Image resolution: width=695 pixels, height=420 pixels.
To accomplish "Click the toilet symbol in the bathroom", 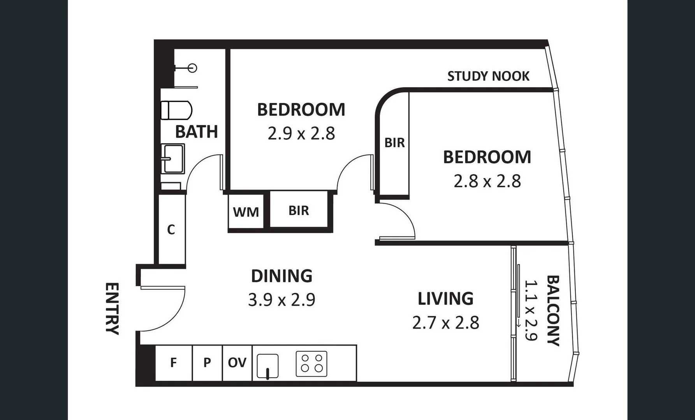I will pyautogui.click(x=176, y=110).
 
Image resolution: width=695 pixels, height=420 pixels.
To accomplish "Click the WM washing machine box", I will pyautogui.click(x=246, y=212).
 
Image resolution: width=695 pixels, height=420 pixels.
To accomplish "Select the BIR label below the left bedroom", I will pyautogui.click(x=299, y=210).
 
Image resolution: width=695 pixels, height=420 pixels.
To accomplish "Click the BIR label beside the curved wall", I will pyautogui.click(x=394, y=143).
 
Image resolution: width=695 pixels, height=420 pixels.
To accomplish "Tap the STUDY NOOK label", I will pyautogui.click(x=488, y=76).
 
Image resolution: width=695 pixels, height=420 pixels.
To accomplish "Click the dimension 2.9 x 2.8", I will pyautogui.click(x=301, y=134).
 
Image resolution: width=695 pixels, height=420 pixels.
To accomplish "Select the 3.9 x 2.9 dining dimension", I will pyautogui.click(x=282, y=300).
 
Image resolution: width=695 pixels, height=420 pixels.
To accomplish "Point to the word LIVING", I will pyautogui.click(x=445, y=299).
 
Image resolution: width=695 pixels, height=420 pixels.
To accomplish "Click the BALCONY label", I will pyautogui.click(x=553, y=310).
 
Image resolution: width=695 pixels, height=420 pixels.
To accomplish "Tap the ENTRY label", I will pyautogui.click(x=112, y=308).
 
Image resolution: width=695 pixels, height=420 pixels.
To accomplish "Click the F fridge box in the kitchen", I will pyautogui.click(x=174, y=363).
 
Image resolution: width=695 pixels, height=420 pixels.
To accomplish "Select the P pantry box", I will pyautogui.click(x=207, y=363).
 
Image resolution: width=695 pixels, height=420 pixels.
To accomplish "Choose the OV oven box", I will pyautogui.click(x=237, y=363).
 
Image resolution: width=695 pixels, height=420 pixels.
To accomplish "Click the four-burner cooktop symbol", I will pyautogui.click(x=311, y=364).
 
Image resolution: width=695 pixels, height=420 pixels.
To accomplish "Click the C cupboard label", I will pyautogui.click(x=171, y=230).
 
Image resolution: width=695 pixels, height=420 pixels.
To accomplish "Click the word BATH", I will pyautogui.click(x=196, y=132).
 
